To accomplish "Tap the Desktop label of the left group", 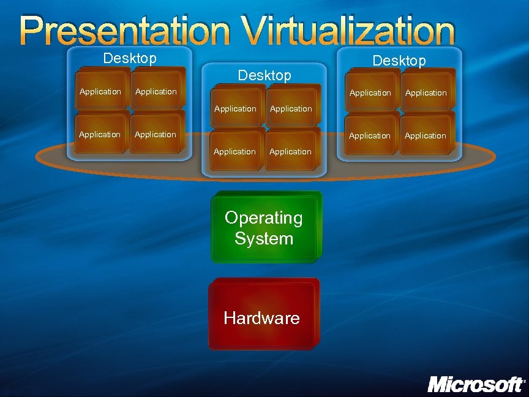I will [x=130, y=58].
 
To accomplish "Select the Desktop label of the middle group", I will [x=264, y=75].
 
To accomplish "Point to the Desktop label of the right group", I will [x=399, y=61].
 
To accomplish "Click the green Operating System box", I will [x=265, y=227].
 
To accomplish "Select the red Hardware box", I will [x=263, y=314].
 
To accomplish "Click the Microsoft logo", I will [x=476, y=385].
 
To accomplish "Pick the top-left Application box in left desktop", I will [x=101, y=91].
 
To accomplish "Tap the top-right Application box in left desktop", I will [x=157, y=91].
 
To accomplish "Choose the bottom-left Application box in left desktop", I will [x=100, y=134].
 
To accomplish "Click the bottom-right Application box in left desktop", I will [x=156, y=134].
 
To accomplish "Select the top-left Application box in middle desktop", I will [x=236, y=108].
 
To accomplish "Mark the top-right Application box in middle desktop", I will [x=291, y=108].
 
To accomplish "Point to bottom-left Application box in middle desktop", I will [x=235, y=151].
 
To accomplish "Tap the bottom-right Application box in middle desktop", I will [x=291, y=151].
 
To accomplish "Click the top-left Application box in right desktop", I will [x=370, y=92].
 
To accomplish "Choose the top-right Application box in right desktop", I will [x=426, y=92].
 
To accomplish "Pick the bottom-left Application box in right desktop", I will [x=370, y=135].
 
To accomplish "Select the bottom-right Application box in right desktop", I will [x=426, y=135].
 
